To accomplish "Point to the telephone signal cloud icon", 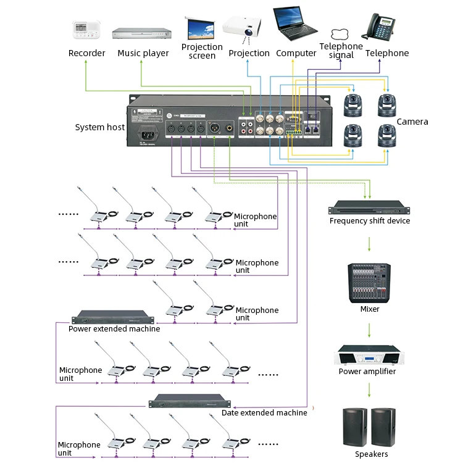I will [x=340, y=34].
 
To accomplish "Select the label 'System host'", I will [x=99, y=127].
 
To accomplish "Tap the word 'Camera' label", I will [x=412, y=122].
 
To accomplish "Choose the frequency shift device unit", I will [x=369, y=207].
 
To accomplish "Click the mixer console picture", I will [x=369, y=283].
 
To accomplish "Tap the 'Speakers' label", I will [x=372, y=454].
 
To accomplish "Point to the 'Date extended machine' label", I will [x=264, y=412].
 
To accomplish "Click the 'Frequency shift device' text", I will [x=369, y=221].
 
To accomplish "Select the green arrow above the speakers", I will [x=369, y=390].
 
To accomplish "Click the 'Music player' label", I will [x=143, y=53].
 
